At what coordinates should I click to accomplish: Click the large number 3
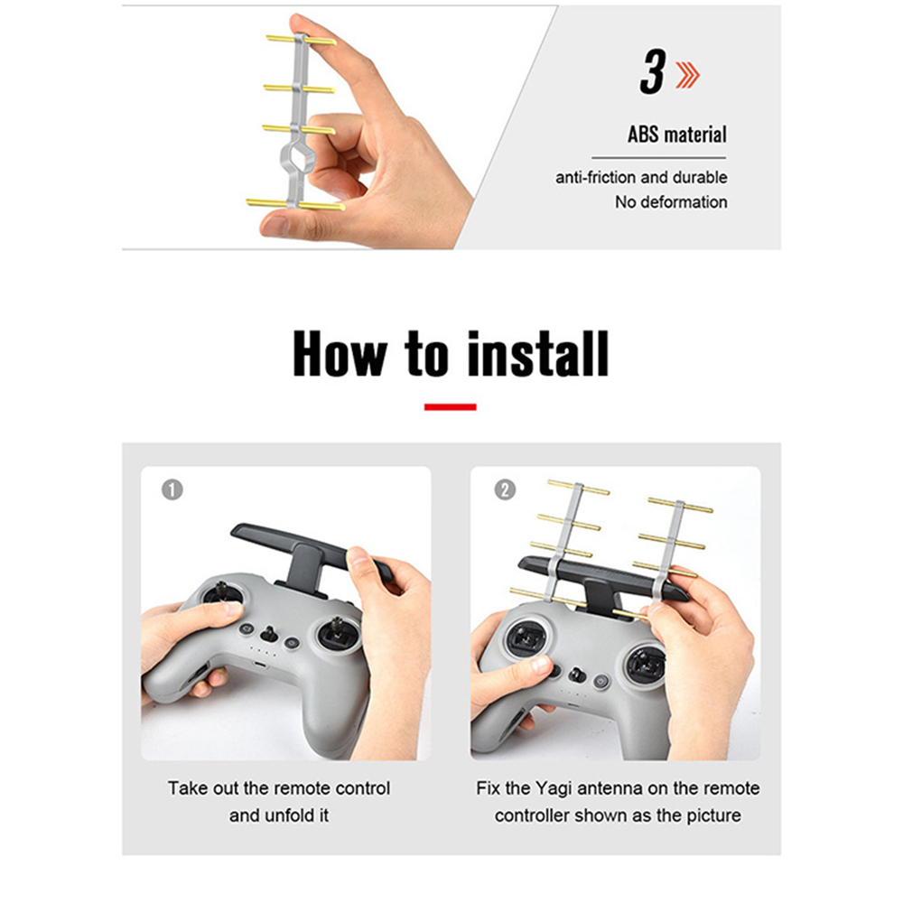653,72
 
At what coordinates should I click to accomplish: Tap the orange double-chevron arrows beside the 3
687,75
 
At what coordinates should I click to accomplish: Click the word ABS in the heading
643,135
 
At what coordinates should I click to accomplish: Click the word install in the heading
537,354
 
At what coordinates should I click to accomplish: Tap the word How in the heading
340,354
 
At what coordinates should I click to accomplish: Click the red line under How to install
451,407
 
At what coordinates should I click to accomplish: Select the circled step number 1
172,490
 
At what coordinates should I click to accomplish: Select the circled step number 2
505,490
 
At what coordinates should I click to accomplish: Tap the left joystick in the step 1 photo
221,594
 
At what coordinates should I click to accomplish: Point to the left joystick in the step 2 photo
526,638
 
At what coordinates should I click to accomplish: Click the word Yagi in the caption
554,789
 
